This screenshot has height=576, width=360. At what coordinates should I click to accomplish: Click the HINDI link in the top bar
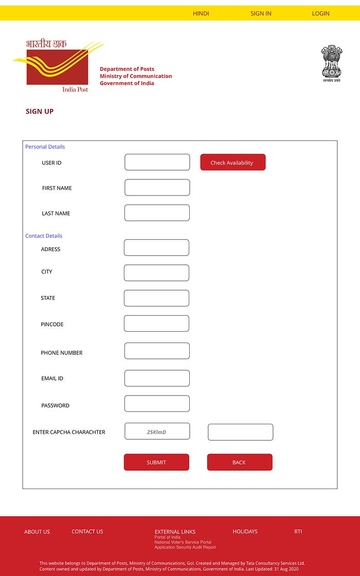click(x=201, y=13)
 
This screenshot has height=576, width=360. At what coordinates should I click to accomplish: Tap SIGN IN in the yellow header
click(x=261, y=13)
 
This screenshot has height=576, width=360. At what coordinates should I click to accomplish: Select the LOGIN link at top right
click(x=320, y=13)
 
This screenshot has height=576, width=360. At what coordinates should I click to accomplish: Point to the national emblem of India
click(x=331, y=63)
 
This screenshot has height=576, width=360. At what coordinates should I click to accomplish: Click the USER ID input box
click(x=157, y=163)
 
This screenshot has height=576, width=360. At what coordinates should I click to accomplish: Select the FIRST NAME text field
click(x=157, y=188)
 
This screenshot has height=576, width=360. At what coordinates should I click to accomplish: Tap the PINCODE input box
click(x=156, y=323)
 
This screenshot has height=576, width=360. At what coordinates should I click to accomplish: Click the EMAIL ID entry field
click(x=157, y=378)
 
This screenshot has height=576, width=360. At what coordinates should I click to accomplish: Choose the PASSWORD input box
click(x=157, y=404)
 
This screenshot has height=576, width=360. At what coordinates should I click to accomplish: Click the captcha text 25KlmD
click(x=157, y=431)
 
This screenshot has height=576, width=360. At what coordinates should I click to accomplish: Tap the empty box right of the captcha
click(x=240, y=433)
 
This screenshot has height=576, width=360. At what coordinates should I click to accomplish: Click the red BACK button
click(x=239, y=462)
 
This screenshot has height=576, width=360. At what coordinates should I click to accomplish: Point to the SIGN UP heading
click(x=40, y=112)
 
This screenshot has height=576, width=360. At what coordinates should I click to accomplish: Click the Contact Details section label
click(x=44, y=236)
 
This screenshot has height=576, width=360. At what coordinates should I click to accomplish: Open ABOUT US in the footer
click(x=37, y=532)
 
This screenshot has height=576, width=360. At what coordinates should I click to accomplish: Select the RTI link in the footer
click(x=298, y=531)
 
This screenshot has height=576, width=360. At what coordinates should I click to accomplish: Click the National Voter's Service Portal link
click(x=183, y=542)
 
